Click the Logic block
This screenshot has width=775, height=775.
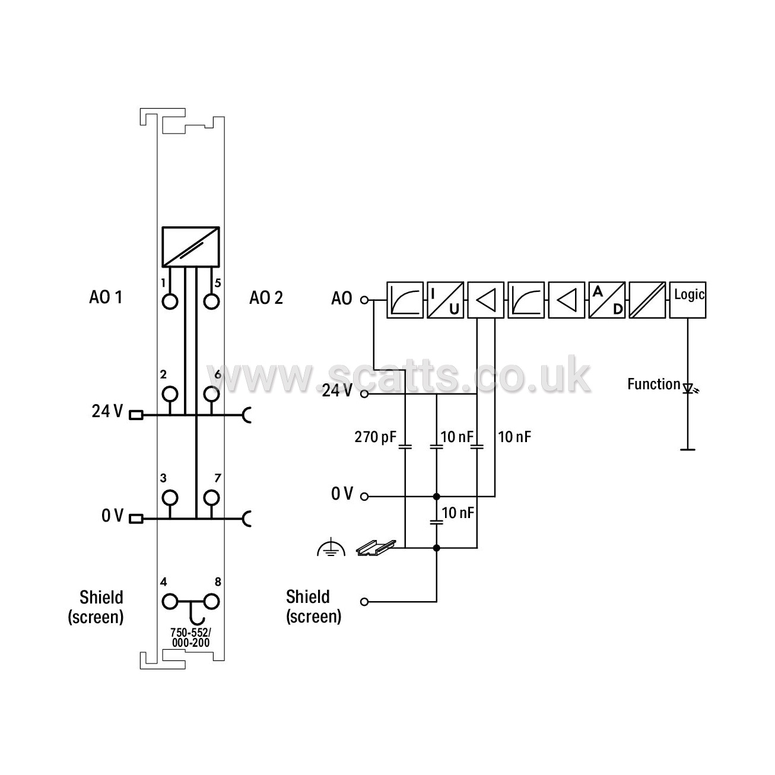point(687,300)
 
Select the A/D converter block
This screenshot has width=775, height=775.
point(607,300)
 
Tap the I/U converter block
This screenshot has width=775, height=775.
point(445,300)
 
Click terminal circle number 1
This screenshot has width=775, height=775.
point(170,301)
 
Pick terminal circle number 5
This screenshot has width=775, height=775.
point(211,301)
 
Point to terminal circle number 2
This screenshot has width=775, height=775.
point(170,394)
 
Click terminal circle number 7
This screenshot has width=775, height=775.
point(211,498)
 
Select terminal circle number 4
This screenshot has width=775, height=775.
point(170,602)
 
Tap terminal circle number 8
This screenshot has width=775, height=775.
point(211,602)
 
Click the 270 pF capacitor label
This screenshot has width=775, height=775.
point(375,437)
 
